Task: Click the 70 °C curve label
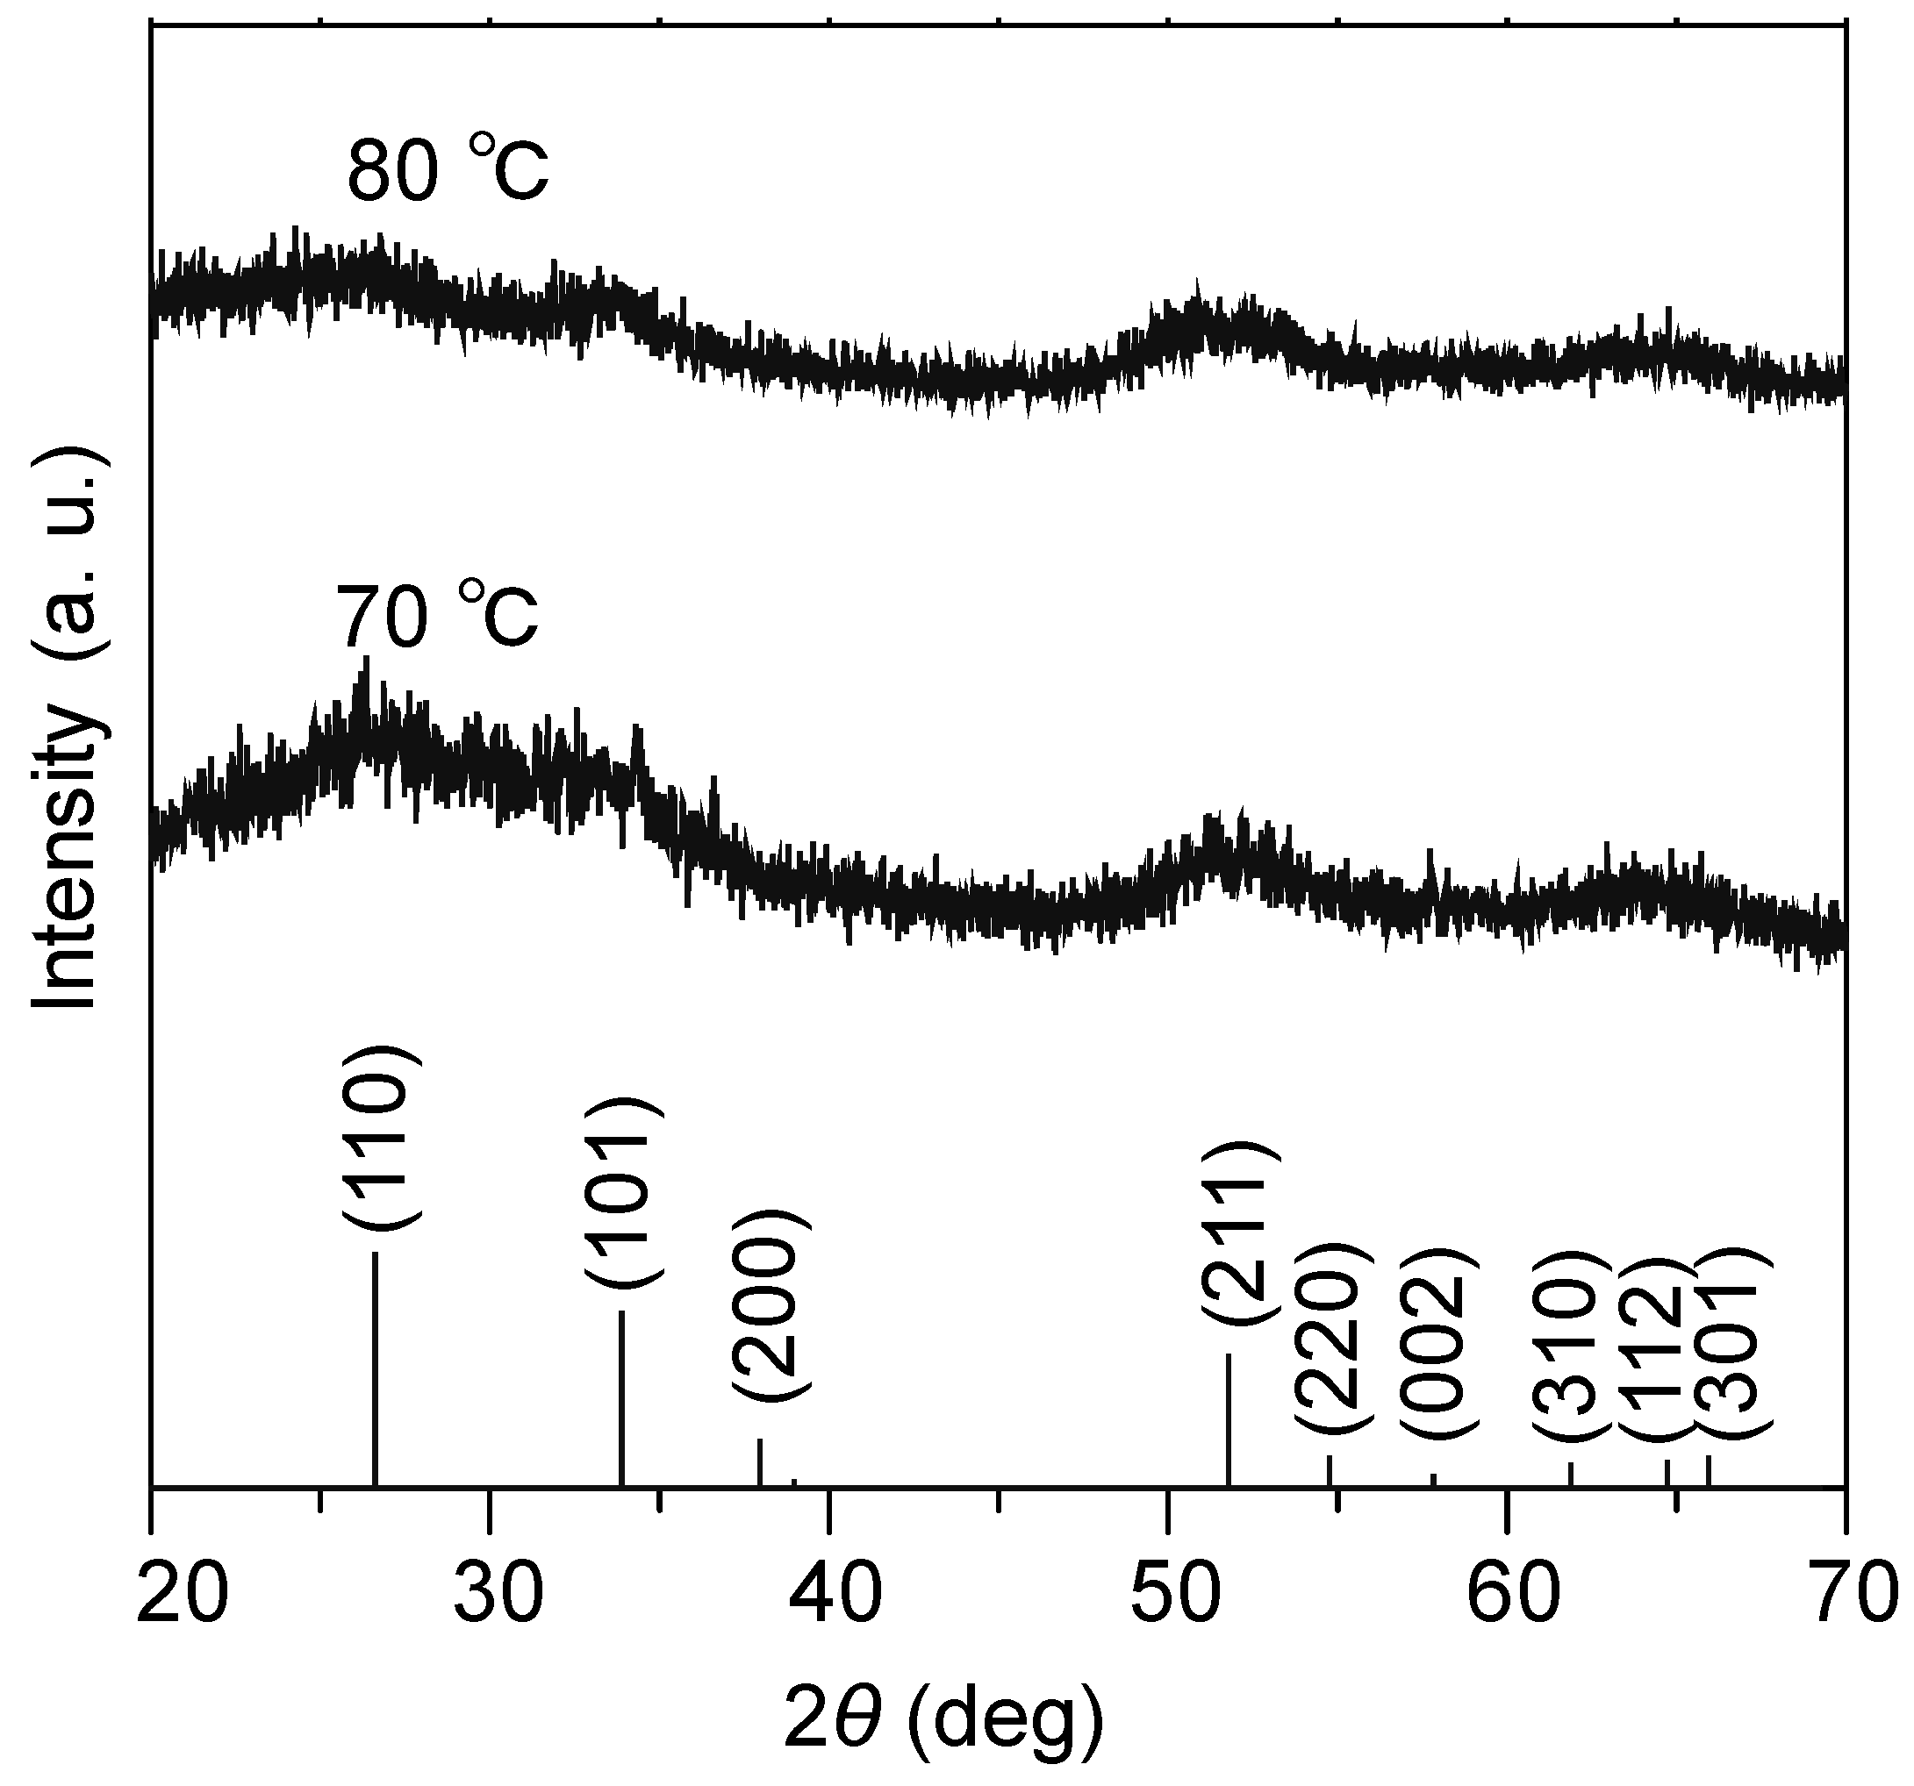tap(436, 617)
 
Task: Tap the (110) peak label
tap(381, 1138)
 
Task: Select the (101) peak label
tap(625, 1191)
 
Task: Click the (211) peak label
tap(1239, 1233)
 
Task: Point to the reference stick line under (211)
tap(1229, 1419)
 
